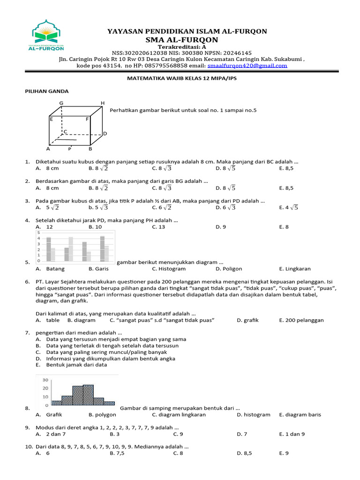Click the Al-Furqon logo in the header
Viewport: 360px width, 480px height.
46,35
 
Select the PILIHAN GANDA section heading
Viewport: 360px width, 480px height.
46,91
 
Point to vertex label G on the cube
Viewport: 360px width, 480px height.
61,103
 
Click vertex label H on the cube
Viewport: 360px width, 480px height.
103,103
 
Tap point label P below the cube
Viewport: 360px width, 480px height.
69,149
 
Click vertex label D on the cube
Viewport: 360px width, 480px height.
105,134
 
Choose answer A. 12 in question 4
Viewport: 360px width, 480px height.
45,227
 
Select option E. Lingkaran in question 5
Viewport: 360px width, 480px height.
294,269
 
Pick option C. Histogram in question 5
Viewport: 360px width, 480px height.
169,269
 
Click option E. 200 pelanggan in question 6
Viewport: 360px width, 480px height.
301,320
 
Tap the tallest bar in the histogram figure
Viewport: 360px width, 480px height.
88,395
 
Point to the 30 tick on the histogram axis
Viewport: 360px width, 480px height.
45,380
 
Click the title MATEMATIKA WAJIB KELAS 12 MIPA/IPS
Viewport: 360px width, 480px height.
182,79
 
